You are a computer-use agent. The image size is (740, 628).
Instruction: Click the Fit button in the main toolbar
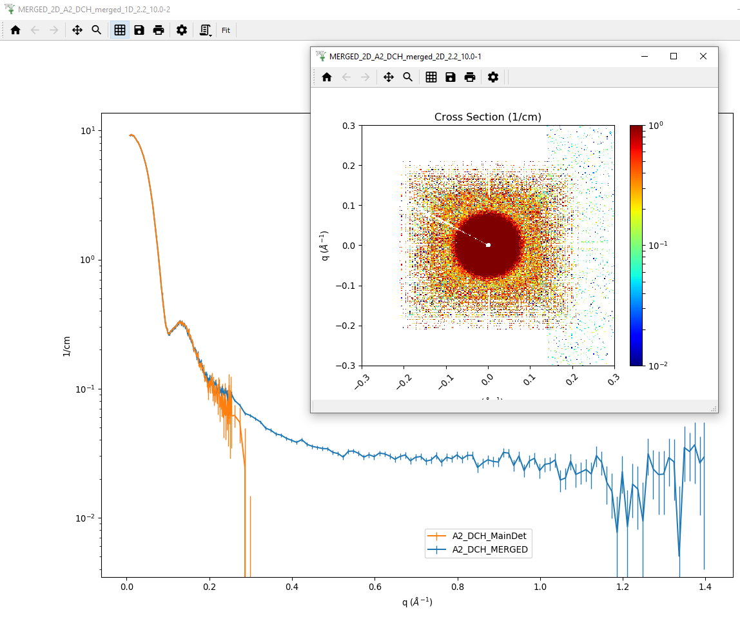tap(226, 30)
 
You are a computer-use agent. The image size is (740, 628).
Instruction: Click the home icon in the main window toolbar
tap(15, 30)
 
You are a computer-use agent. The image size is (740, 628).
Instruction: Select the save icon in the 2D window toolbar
tap(450, 77)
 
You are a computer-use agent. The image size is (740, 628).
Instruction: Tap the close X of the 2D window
tap(703, 56)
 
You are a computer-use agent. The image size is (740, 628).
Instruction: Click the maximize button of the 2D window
tap(674, 56)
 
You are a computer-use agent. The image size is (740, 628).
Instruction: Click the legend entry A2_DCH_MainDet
tap(489, 536)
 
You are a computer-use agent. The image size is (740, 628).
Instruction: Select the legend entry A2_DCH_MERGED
tap(490, 549)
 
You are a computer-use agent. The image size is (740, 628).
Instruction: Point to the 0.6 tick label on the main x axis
tap(375, 587)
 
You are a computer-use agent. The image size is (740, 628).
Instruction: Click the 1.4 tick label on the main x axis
tap(705, 587)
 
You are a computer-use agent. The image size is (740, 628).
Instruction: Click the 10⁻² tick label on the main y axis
tap(86, 518)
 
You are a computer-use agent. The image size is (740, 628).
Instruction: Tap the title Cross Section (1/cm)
tap(487, 117)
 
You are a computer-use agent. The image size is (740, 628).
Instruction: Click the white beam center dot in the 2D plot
tap(489, 245)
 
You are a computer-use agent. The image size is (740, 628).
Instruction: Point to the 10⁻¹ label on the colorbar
tap(658, 246)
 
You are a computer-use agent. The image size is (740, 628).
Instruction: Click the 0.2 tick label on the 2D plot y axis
tap(349, 166)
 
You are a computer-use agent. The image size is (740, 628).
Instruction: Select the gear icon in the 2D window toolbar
tap(492, 77)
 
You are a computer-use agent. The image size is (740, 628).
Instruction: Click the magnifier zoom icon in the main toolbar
tap(96, 30)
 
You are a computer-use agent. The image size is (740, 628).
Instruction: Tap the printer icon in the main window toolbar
tap(159, 30)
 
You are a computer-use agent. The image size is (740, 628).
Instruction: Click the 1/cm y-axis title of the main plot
tap(66, 347)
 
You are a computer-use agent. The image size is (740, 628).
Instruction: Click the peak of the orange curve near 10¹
tap(131, 135)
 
